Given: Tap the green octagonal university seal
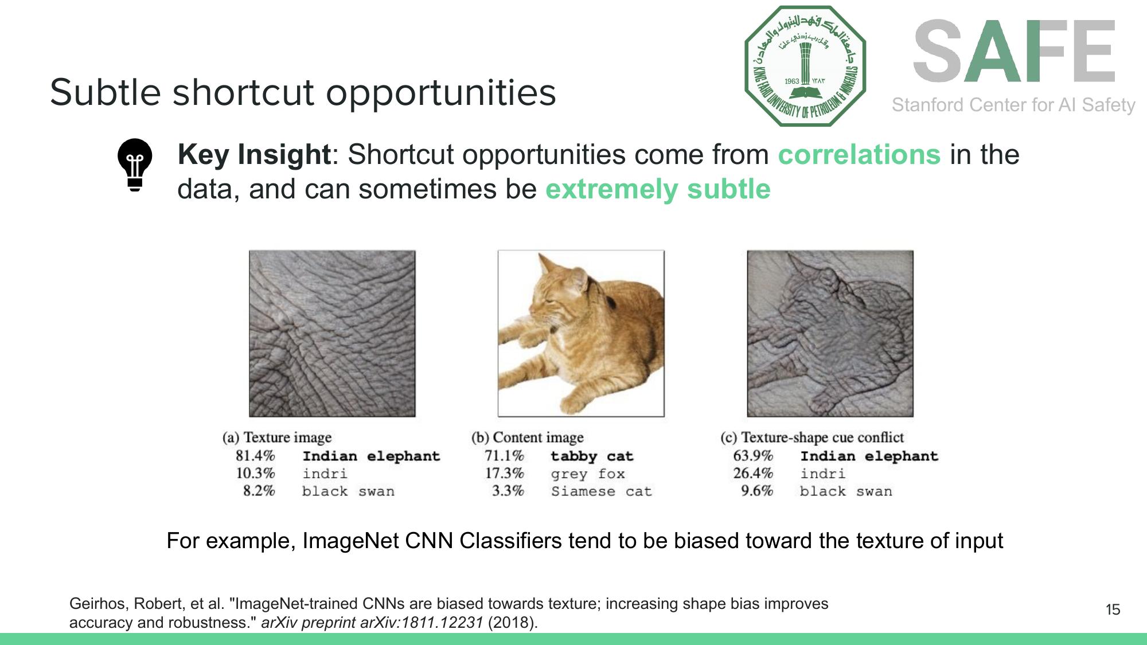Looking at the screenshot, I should pos(805,66).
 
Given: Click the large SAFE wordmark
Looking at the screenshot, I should pos(1014,52).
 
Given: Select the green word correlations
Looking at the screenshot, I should pos(859,155).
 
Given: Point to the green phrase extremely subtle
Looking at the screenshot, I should pos(657,189).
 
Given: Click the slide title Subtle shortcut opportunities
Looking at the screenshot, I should pos(303,92).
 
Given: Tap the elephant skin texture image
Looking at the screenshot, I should pos(332,333).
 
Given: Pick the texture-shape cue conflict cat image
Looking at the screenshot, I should pos(830,333).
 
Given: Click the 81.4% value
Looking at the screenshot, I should pos(255,456).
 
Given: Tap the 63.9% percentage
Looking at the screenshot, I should pos(753,456).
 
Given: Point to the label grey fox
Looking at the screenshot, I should pos(588,474).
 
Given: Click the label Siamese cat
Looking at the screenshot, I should pos(602,491).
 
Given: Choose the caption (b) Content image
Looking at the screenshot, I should pos(527,437).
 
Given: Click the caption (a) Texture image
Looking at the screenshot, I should pos(277,437).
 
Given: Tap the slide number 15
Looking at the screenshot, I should pos(1113,609).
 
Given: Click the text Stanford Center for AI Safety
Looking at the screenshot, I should pos(1013,105).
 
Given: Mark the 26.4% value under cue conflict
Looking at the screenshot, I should pos(753,474).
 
